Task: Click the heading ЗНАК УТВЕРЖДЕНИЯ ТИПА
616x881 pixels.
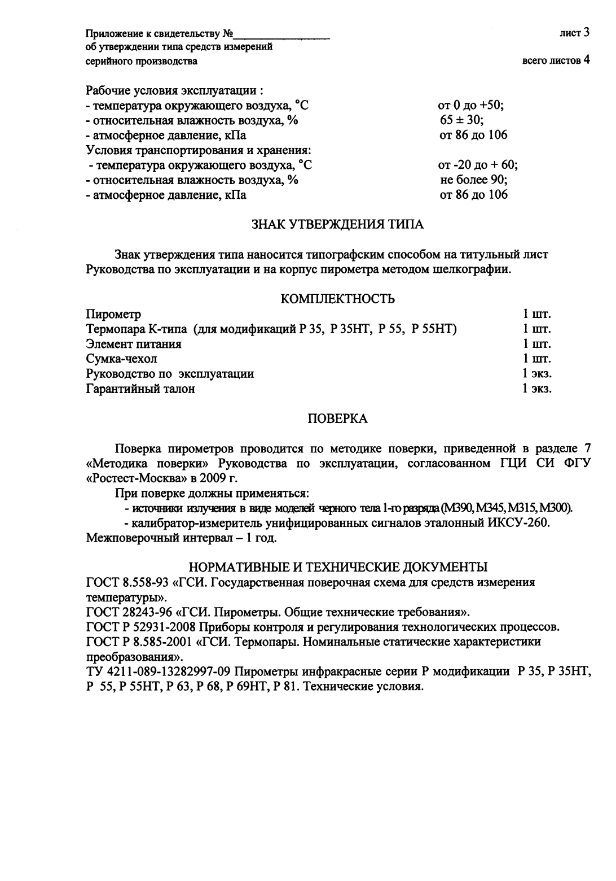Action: coord(337,225)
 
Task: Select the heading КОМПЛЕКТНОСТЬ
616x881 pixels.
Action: coord(337,299)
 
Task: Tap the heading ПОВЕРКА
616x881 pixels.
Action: coord(337,418)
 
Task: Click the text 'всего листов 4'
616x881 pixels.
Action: coord(556,60)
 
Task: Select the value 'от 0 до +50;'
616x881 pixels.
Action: coord(470,106)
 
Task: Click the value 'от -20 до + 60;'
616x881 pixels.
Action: coord(477,165)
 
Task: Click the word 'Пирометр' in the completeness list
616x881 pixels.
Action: coord(113,314)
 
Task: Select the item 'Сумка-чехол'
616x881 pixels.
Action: coord(121,359)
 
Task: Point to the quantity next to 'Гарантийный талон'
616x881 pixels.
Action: coord(536,389)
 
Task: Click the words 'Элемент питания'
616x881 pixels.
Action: coord(134,344)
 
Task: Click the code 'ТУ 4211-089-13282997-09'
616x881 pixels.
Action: coord(158,672)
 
